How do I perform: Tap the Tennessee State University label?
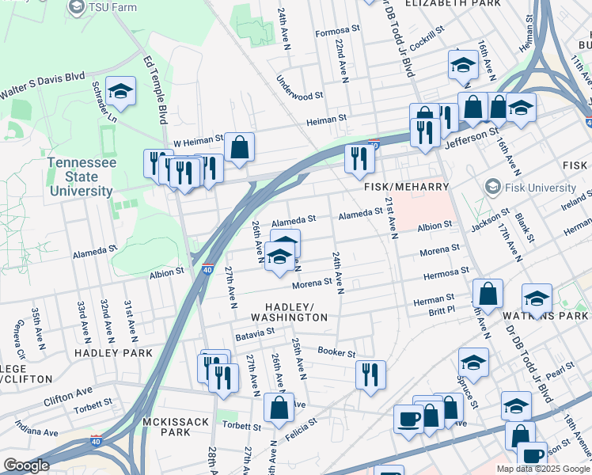[82, 176]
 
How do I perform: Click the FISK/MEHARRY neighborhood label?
[406, 187]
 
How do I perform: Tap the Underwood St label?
[300, 89]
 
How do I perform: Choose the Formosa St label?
[337, 32]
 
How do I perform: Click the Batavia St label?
[254, 335]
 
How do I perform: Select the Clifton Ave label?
[68, 391]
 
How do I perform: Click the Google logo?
[26, 465]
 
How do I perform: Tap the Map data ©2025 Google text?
[542, 469]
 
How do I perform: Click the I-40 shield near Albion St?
[207, 270]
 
